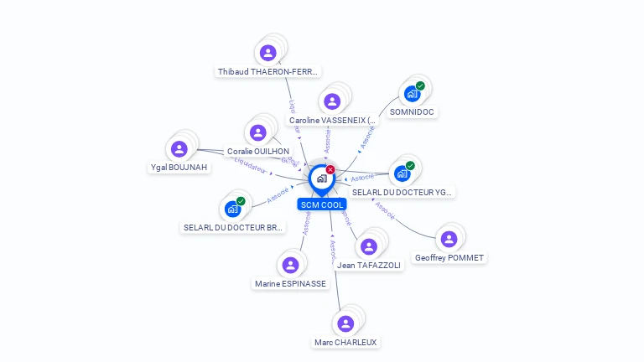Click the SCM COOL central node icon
click(x=321, y=178)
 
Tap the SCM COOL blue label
click(x=322, y=204)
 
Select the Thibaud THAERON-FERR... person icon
click(x=268, y=53)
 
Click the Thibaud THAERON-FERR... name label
click(x=268, y=72)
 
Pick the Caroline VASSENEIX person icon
click(x=332, y=101)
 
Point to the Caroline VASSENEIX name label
click(x=333, y=121)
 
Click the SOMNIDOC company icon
click(x=412, y=94)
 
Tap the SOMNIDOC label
click(x=413, y=112)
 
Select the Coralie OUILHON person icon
click(x=258, y=132)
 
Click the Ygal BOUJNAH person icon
click(x=179, y=149)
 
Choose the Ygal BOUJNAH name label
click(x=179, y=168)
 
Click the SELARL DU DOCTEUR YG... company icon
click(x=402, y=173)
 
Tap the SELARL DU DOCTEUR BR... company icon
click(x=232, y=209)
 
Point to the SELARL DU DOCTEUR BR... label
click(x=234, y=228)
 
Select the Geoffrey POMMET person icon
click(x=449, y=239)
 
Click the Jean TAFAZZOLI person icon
click(x=369, y=246)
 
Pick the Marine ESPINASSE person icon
click(x=290, y=265)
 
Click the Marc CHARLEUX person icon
click(x=345, y=323)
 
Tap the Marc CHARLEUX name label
click(x=345, y=343)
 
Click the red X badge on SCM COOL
click(x=330, y=169)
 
